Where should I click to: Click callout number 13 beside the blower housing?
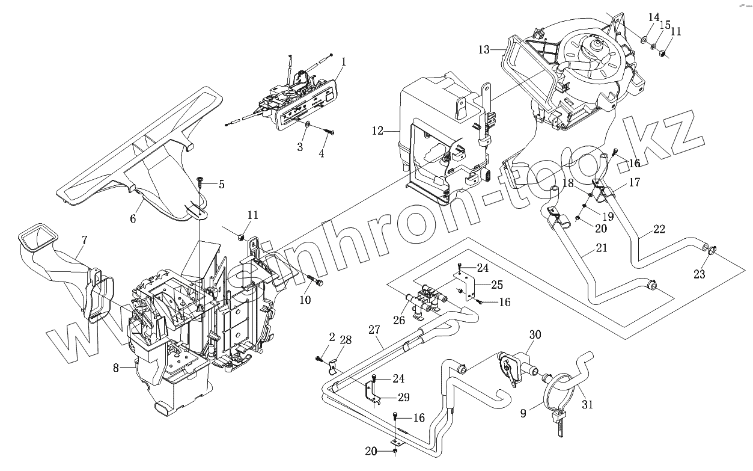(x=484, y=50)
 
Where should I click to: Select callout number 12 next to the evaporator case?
(x=377, y=131)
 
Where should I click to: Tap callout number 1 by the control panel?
(x=343, y=61)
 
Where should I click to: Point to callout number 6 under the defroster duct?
(x=133, y=219)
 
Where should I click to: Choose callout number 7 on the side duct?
(x=84, y=240)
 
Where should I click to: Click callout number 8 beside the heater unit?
(x=116, y=368)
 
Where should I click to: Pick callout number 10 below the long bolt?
(x=305, y=300)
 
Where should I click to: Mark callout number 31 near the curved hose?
(x=587, y=404)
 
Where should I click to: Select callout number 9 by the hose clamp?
(x=523, y=413)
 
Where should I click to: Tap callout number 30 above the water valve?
(x=535, y=334)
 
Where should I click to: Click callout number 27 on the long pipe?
(x=374, y=330)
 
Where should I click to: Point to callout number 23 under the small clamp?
(x=700, y=274)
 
